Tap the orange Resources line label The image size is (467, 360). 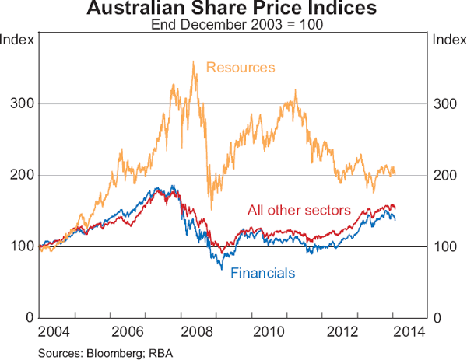(241, 68)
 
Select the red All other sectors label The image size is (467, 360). (300, 210)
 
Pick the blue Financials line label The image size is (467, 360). (263, 273)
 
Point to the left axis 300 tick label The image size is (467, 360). (21, 103)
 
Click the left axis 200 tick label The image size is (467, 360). (21, 175)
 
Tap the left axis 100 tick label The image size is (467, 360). (21, 246)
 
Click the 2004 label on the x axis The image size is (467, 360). (57, 333)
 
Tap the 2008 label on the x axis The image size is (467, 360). (198, 333)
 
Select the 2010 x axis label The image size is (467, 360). (269, 333)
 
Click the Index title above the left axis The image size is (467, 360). (17, 40)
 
